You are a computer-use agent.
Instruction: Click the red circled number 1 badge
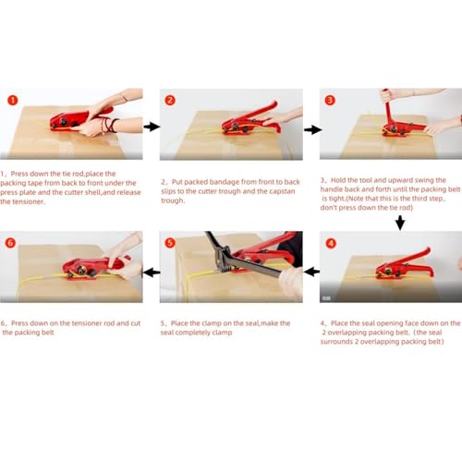[x=13, y=100]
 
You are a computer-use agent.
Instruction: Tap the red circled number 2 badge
[x=170, y=100]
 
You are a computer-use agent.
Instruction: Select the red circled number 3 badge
[x=330, y=100]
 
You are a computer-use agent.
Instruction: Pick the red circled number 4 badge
[x=331, y=243]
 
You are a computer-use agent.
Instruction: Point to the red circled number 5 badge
[x=170, y=243]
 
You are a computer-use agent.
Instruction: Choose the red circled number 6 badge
[x=10, y=243]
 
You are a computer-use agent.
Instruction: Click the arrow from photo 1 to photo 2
[x=152, y=127]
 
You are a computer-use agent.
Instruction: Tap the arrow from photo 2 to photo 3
[x=312, y=129]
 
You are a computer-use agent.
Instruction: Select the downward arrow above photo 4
[x=400, y=223]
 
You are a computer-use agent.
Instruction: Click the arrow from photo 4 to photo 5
[x=311, y=272]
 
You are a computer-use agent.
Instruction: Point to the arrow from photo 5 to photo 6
[x=152, y=273]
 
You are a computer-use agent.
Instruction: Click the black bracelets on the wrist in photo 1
[x=110, y=126]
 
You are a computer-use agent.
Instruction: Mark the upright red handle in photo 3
[x=388, y=109]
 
